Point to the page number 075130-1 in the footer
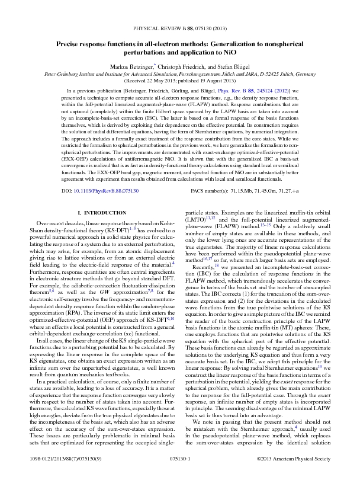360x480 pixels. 180,460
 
